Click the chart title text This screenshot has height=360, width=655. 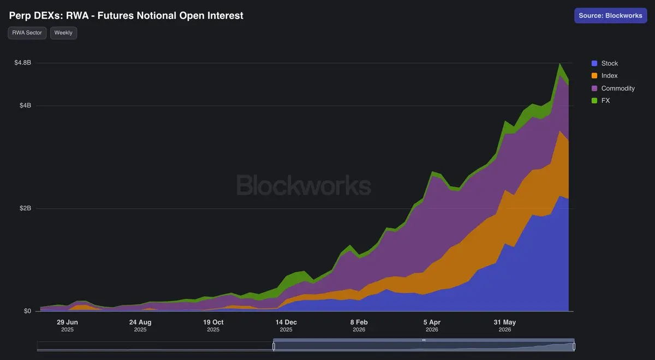(x=126, y=15)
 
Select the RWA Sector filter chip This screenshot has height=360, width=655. (x=27, y=33)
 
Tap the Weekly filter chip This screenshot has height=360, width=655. (x=63, y=33)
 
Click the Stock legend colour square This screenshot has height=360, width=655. (x=594, y=63)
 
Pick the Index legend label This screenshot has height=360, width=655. (x=609, y=76)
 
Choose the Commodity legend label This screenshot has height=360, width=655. (x=618, y=88)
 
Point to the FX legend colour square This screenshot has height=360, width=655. (x=594, y=100)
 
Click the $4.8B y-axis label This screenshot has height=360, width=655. (x=23, y=63)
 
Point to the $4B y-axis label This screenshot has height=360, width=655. (x=25, y=105)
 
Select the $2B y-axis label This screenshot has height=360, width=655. (x=25, y=208)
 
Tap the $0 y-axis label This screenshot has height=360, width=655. (x=27, y=311)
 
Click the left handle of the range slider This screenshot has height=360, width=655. (x=273, y=346)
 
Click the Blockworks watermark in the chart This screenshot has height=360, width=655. (x=303, y=185)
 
